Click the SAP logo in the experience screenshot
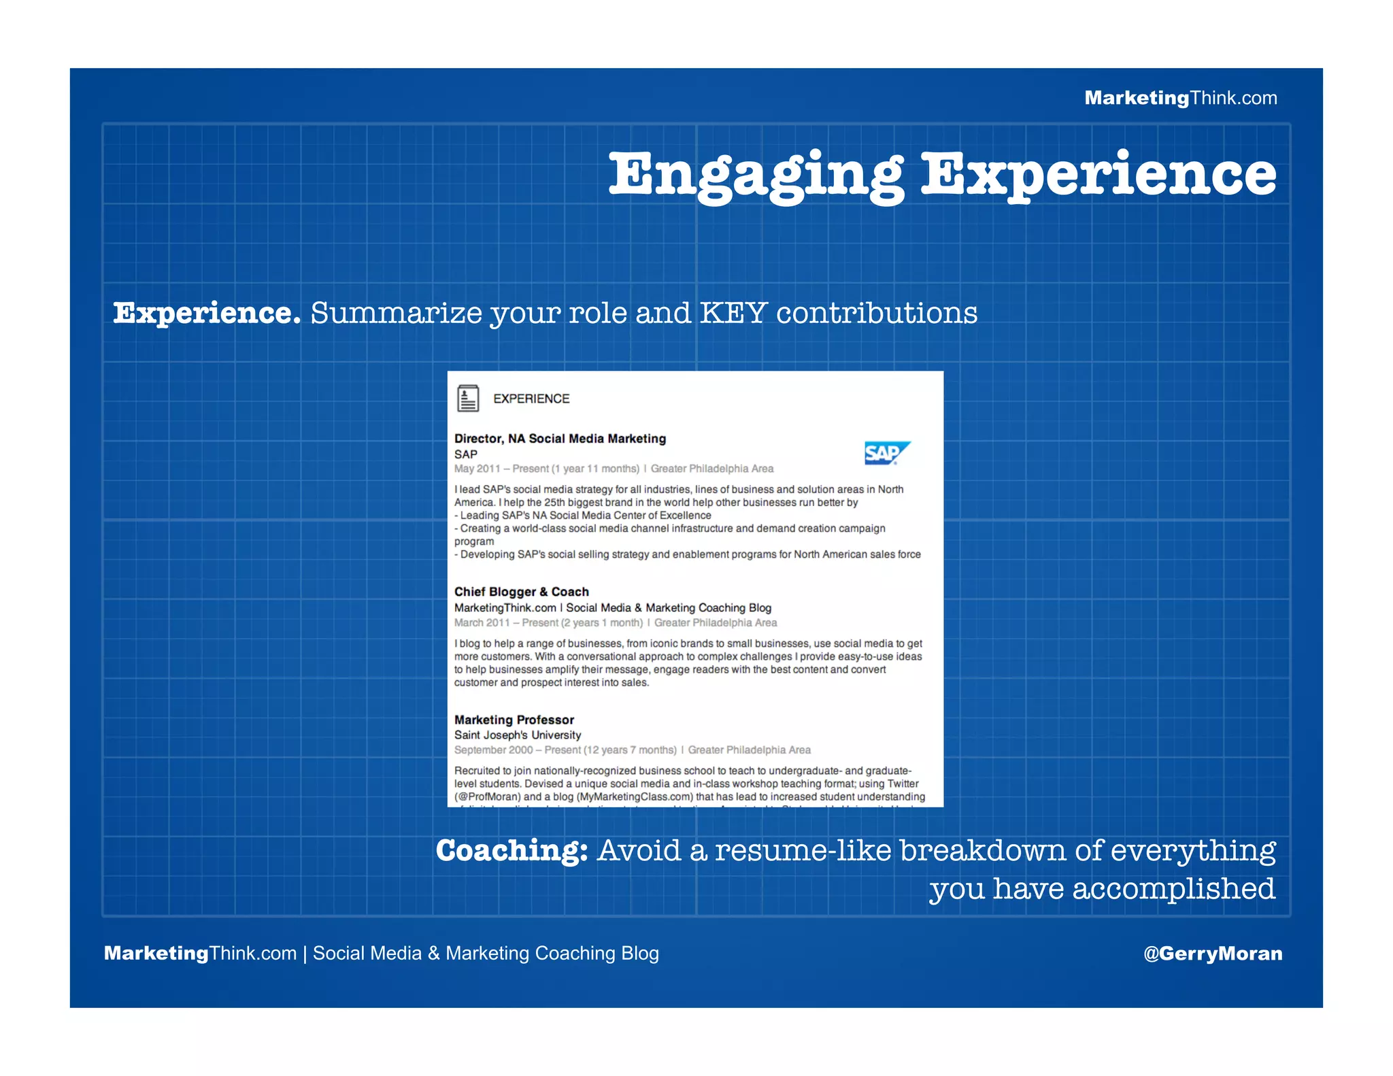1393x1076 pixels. pos(886,453)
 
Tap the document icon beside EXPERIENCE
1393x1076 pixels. pos(468,399)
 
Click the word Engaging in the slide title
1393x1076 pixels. pos(756,175)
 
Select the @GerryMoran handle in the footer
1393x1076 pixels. pos(1213,953)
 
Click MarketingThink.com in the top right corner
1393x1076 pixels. pos(1180,98)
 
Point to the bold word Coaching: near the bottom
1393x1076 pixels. pos(511,851)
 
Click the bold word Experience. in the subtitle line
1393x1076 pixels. pos(207,314)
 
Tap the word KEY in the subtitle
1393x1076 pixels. pos(733,314)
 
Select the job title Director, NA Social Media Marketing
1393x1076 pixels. pos(560,439)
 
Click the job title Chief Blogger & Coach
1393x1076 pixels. pos(521,592)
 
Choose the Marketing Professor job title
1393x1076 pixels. pos(514,720)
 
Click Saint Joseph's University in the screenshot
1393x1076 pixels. pos(517,735)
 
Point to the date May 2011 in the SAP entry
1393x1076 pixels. pos(477,469)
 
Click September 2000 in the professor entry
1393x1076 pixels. pos(493,750)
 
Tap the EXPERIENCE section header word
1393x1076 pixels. pos(531,399)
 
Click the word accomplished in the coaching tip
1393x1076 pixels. pos(1173,889)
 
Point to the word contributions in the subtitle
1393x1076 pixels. pos(876,314)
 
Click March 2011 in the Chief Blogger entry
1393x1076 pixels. pos(482,622)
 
